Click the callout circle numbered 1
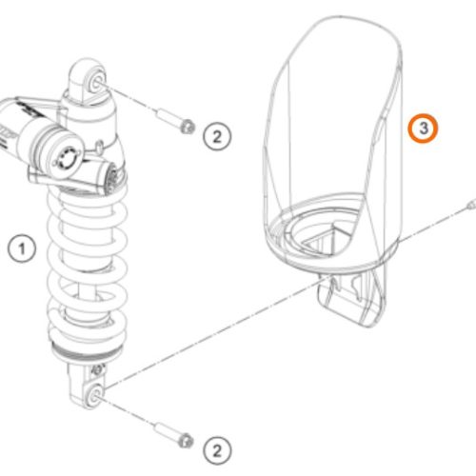[22, 248]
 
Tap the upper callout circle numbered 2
[217, 137]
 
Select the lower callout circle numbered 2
[217, 450]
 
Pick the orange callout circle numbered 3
[424, 129]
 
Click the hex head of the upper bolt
[188, 127]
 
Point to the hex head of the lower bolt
[186, 441]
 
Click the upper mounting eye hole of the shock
[97, 84]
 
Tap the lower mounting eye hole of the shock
[96, 394]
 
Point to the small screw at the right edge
[472, 204]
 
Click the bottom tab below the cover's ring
[352, 298]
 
